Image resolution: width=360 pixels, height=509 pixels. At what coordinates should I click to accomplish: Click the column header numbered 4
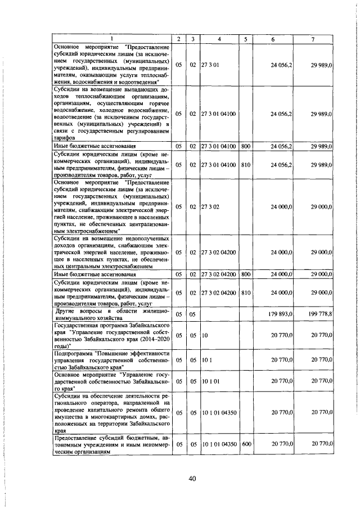click(x=219, y=38)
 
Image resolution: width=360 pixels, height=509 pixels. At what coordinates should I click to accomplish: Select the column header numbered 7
click(x=313, y=38)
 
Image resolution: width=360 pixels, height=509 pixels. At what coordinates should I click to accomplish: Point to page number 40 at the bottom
click(x=191, y=478)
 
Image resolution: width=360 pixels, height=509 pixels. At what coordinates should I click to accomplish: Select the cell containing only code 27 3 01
click(x=211, y=65)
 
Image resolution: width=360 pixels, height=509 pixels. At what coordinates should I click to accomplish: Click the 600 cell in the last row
click(x=245, y=444)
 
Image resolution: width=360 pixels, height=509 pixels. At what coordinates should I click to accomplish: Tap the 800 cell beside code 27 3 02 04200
click(x=245, y=274)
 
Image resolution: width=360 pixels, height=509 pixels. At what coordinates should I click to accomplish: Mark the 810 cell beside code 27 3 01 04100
click(x=245, y=165)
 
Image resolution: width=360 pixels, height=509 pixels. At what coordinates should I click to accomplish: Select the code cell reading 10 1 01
click(x=210, y=381)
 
